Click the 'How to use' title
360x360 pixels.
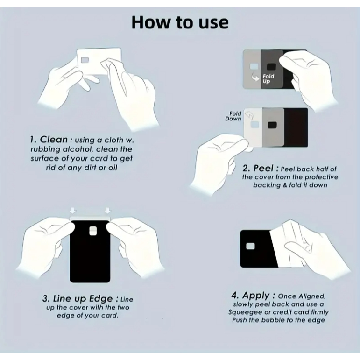tap(180, 22)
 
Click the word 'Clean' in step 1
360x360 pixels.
tap(54, 139)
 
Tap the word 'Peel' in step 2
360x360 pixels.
tap(263, 168)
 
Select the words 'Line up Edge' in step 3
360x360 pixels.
tap(83, 299)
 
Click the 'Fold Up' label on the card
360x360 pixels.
tap(268, 78)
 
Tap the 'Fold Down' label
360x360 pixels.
tap(233, 116)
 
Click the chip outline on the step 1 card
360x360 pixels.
tap(85, 60)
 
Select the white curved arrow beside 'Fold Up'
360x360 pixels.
tap(255, 77)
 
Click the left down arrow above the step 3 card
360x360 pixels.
tap(73, 211)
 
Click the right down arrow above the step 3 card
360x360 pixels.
tap(108, 211)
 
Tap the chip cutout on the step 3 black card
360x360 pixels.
tap(93, 231)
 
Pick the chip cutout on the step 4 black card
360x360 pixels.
tap(250, 247)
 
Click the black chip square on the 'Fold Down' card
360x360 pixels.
tap(272, 125)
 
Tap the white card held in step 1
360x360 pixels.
tap(99, 61)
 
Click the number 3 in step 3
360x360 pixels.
tap(45, 299)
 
